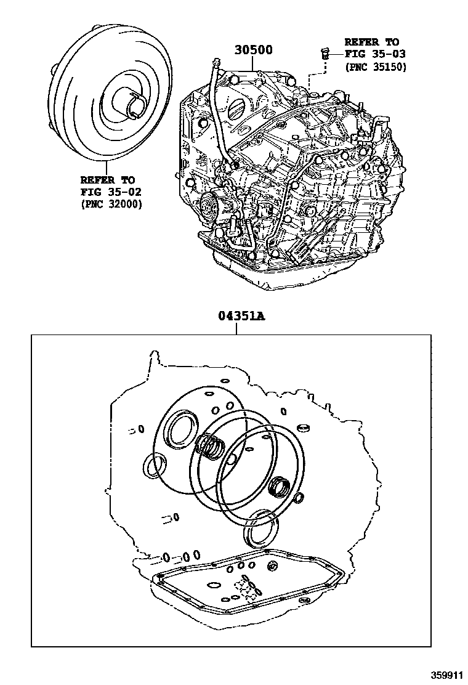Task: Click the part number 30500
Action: click(253, 50)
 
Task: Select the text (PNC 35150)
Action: click(376, 67)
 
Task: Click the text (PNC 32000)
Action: click(111, 205)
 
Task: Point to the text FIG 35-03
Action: click(375, 54)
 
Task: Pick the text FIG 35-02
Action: click(111, 192)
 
